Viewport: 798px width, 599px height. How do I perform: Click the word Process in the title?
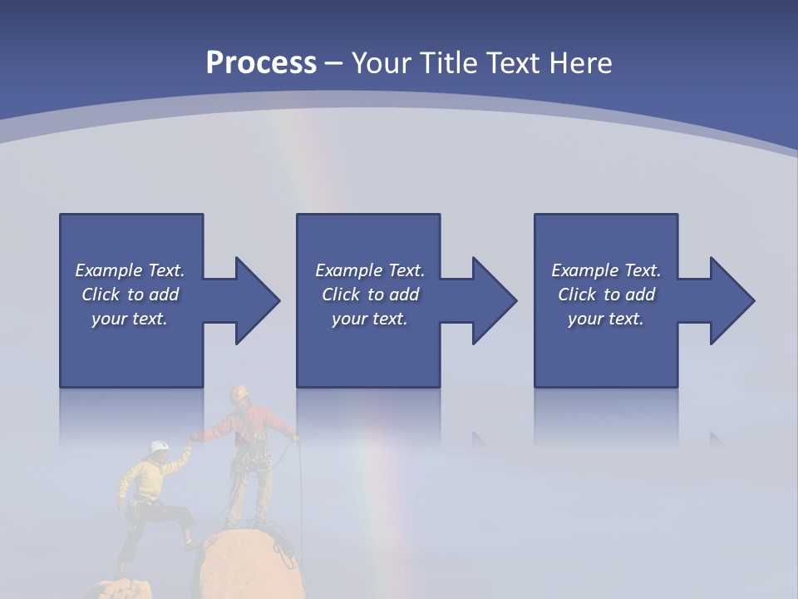coord(261,62)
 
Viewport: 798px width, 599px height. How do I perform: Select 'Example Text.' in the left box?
coord(130,270)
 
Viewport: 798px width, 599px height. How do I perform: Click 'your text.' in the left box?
coord(130,319)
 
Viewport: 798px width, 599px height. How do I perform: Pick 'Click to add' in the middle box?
coord(370,295)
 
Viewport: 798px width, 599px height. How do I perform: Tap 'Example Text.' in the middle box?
coord(370,270)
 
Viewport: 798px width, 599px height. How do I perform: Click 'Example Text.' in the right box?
coord(606,270)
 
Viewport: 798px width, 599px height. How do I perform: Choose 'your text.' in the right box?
coord(606,319)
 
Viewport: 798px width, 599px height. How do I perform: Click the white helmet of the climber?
coord(159,448)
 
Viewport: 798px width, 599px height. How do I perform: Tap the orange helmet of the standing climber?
coord(240,391)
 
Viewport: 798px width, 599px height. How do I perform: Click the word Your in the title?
coord(381,62)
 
